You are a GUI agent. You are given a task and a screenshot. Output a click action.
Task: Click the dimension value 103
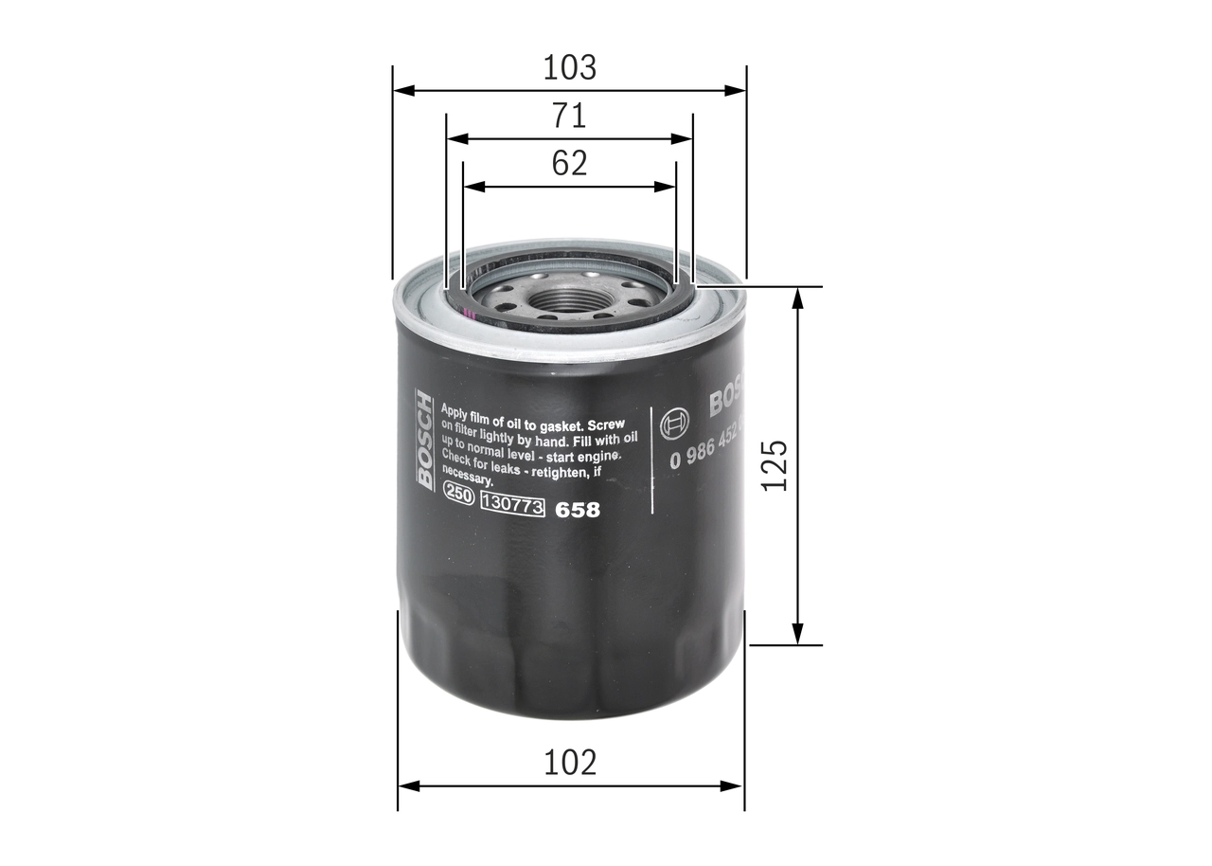[569, 68]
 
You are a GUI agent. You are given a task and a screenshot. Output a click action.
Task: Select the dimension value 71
[569, 116]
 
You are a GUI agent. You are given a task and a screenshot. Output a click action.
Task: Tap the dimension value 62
[569, 163]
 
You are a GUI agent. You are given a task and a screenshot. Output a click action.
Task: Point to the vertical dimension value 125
[775, 464]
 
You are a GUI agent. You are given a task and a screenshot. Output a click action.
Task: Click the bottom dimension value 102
[570, 762]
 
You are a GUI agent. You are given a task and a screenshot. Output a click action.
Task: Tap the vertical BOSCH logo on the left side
[424, 441]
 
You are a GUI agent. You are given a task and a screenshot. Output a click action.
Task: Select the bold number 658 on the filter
[577, 510]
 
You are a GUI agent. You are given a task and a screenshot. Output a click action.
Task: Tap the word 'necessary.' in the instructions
[468, 480]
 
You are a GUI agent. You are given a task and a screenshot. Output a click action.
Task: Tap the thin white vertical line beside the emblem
[651, 460]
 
